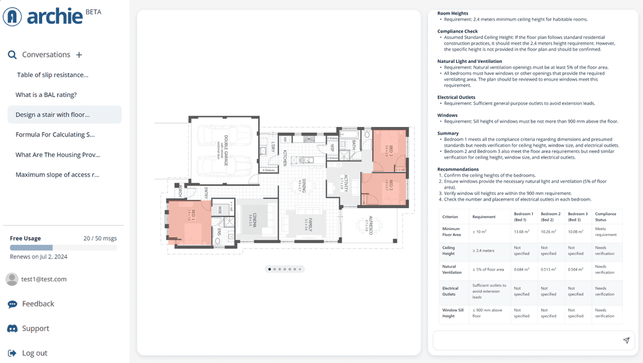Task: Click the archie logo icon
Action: [x=13, y=16]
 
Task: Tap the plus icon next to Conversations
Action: [x=79, y=55]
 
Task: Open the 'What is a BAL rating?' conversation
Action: [x=46, y=95]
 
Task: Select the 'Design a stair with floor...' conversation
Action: [x=53, y=114]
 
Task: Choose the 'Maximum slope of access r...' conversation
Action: [x=57, y=175]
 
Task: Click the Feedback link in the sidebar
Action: [x=38, y=304]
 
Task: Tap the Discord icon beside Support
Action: [x=13, y=328]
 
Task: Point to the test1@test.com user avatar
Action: [x=12, y=279]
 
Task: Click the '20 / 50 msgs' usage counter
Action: [x=100, y=238]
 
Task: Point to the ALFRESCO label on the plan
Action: [x=371, y=225]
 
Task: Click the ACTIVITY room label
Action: [x=345, y=182]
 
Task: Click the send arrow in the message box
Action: [x=626, y=340]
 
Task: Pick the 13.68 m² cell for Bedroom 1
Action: [x=521, y=232]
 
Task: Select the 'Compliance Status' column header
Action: [x=605, y=216]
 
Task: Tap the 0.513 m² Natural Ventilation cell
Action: [x=548, y=269]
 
